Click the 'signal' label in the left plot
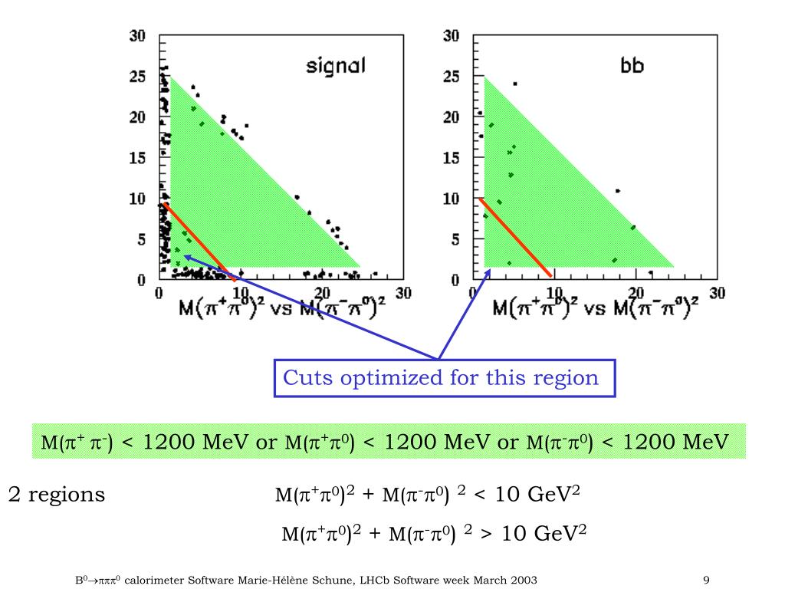336,66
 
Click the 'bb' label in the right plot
632,66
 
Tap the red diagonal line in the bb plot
514,237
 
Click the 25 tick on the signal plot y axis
138,77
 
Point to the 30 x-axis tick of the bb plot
717,293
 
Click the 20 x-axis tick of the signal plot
321,293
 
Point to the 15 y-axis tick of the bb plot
452,158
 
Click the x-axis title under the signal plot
281,308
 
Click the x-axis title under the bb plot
595,308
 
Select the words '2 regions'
56,495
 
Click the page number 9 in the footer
706,580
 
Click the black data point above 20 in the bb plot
514,84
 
